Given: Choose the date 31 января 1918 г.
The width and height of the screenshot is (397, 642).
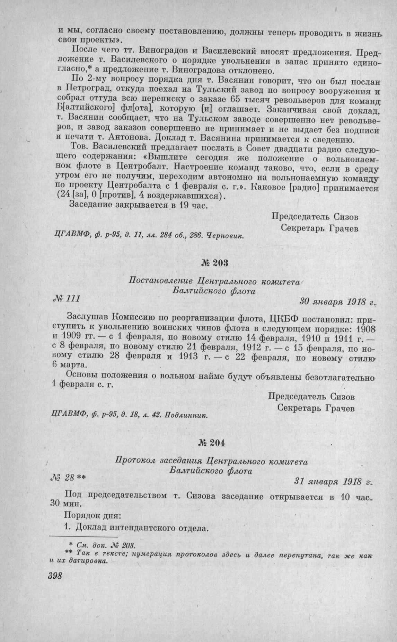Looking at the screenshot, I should click(333, 481).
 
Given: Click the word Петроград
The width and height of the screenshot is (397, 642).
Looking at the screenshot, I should click(84, 93).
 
